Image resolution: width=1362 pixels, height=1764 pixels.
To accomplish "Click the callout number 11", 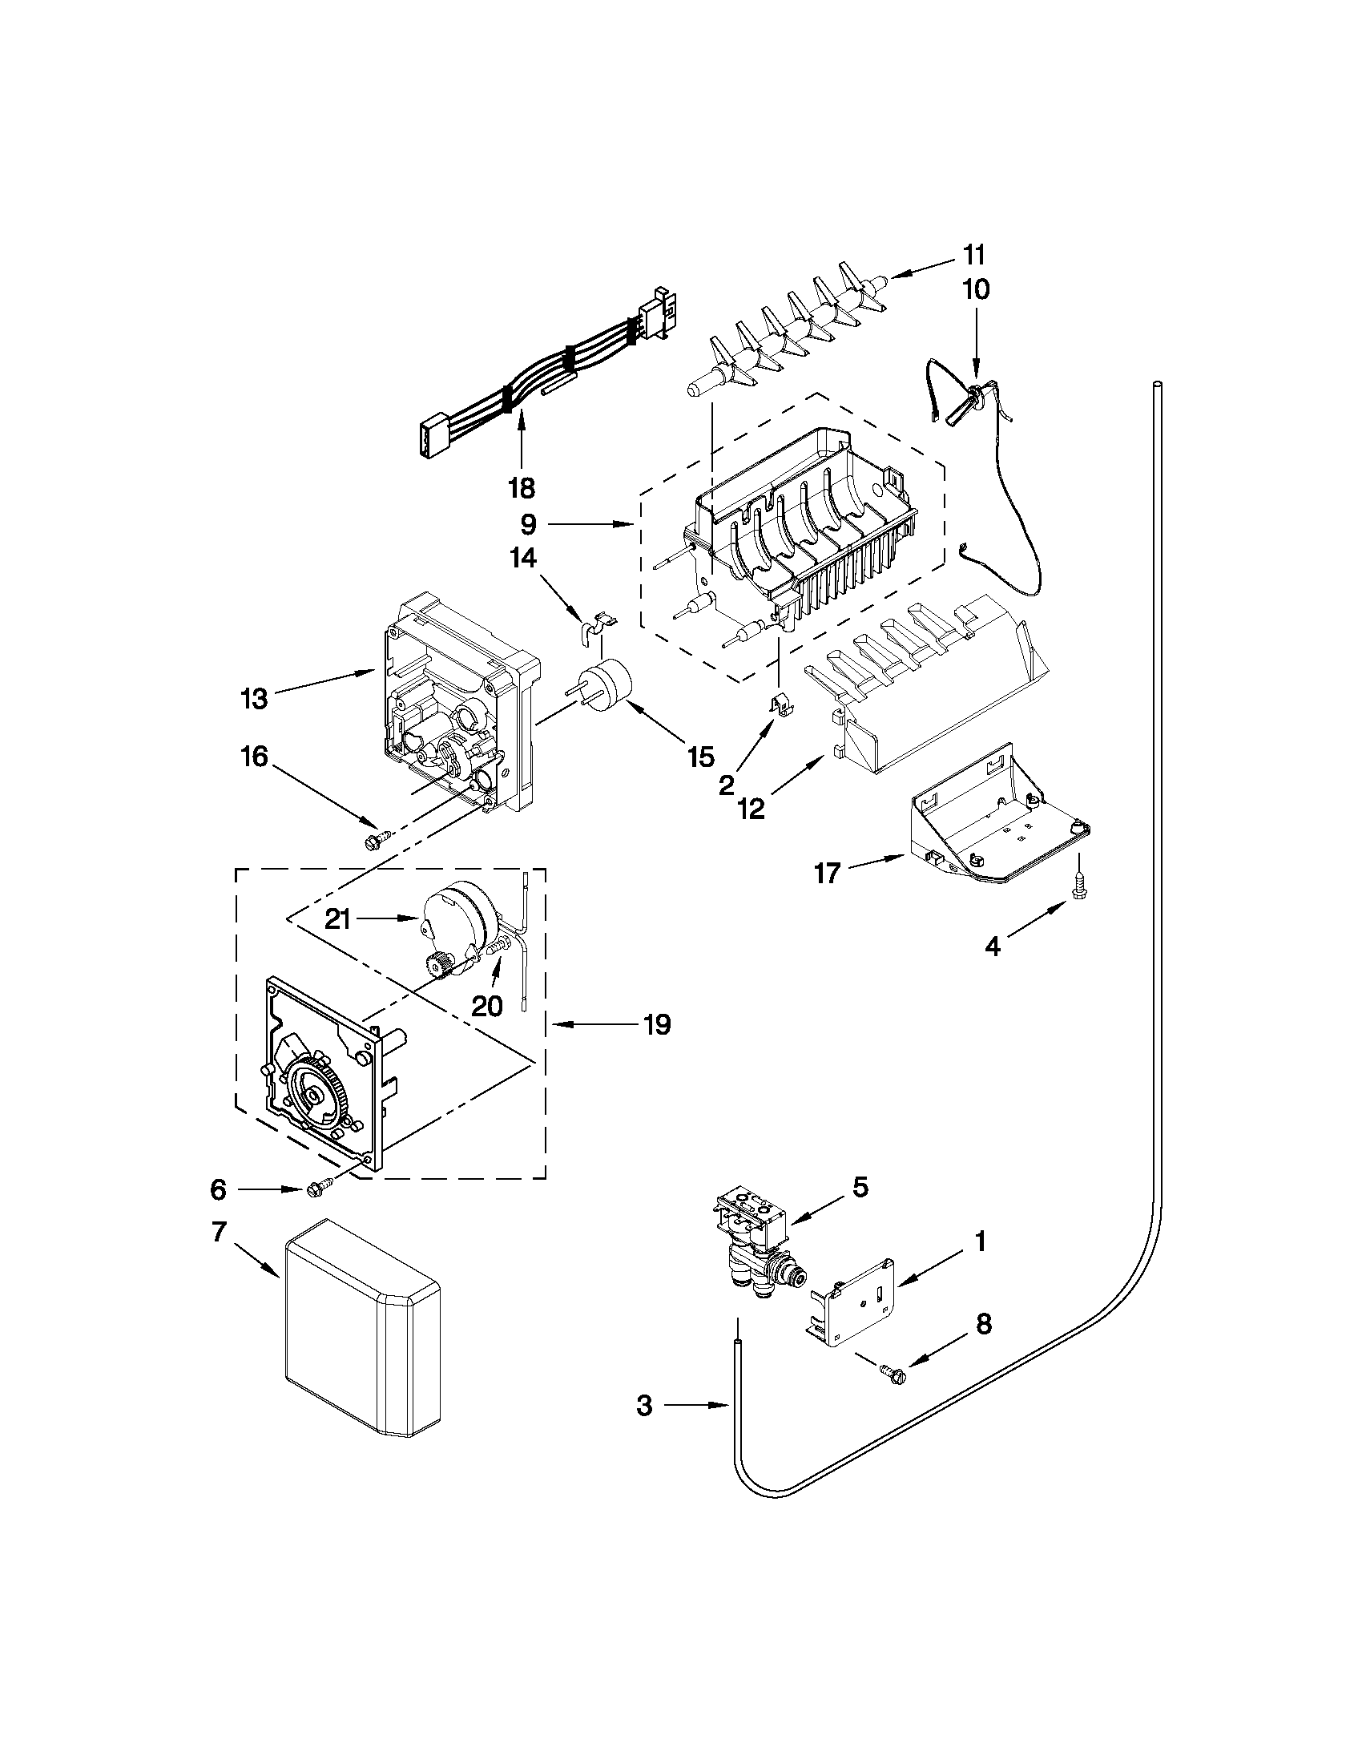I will click(x=973, y=255).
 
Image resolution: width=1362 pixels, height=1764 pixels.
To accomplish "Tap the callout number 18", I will click(x=522, y=488).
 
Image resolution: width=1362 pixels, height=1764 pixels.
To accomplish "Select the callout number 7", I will click(x=220, y=1231).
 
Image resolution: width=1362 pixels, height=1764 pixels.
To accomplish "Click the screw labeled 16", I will click(x=373, y=842).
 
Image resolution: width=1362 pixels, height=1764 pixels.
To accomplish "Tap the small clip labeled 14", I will click(x=596, y=626).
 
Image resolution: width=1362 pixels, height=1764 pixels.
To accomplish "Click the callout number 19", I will click(x=658, y=1025).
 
